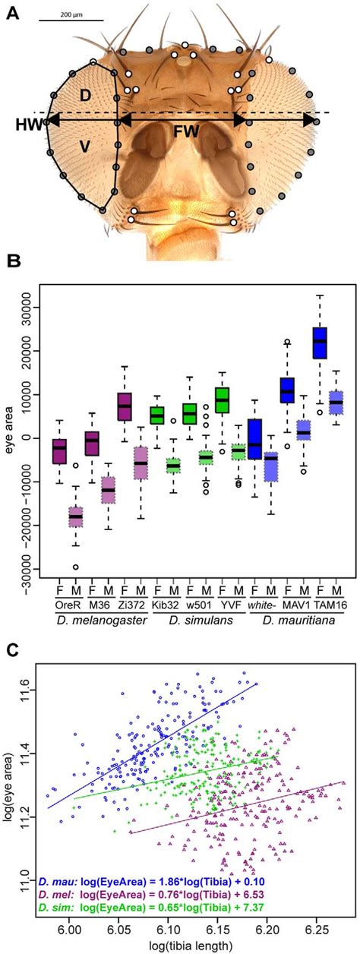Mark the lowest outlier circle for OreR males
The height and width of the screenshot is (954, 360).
point(75,567)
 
